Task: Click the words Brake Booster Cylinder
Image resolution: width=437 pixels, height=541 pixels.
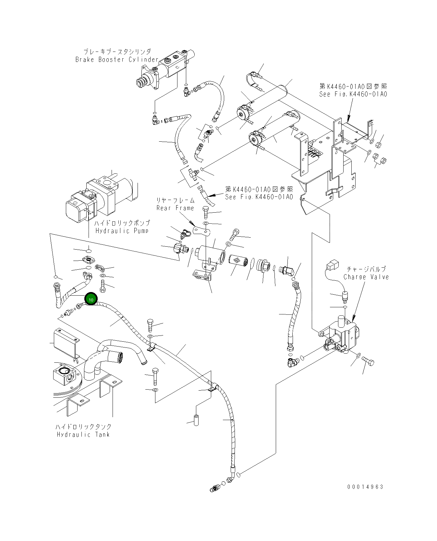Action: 116,60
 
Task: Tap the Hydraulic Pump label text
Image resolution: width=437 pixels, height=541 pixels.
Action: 122,231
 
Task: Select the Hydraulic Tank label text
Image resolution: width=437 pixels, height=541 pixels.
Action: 83,434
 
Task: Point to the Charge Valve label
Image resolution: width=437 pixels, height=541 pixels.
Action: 366,277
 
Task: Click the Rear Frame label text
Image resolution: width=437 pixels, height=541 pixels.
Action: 175,208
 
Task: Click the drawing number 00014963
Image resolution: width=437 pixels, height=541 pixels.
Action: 365,487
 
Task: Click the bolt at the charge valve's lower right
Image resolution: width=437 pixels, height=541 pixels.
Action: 368,362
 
